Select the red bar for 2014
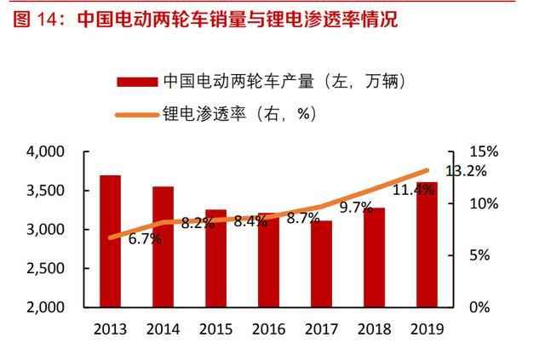tap(163, 247)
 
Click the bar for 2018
tap(374, 257)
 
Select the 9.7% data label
tap(356, 207)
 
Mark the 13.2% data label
tap(466, 170)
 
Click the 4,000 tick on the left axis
tap(47, 151)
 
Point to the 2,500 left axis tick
tap(47, 268)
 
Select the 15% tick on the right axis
tap(481, 151)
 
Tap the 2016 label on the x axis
tap(268, 328)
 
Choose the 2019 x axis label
tap(427, 328)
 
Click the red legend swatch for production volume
tap(137, 82)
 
